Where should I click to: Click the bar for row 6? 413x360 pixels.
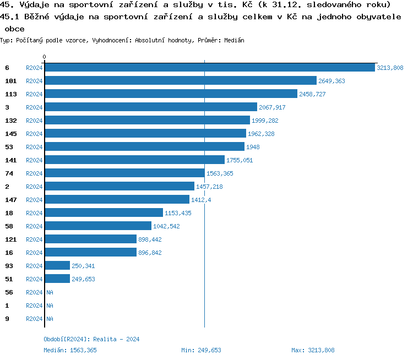[x=209, y=68]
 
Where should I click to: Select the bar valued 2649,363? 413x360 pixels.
[x=181, y=81]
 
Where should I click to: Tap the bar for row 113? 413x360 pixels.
[x=171, y=94]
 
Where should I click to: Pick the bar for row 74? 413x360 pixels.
[x=124, y=173]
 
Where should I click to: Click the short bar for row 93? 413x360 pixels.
[x=57, y=266]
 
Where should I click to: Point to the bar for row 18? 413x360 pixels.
[x=104, y=213]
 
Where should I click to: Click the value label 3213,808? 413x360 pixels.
[x=390, y=68]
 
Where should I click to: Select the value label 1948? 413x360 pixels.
[x=253, y=147]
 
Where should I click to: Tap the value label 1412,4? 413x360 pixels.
[x=200, y=200]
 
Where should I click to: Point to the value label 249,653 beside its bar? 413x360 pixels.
[x=83, y=279]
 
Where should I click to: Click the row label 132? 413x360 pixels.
[x=10, y=121]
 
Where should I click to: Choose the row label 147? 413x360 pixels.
[x=10, y=200]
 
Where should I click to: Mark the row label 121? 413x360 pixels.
[x=10, y=239]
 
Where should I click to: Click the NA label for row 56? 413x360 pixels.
[x=50, y=292]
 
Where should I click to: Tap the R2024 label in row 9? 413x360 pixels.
[x=34, y=319]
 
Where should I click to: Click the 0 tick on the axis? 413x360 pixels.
[x=45, y=57]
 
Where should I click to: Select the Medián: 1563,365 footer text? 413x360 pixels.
[x=70, y=350]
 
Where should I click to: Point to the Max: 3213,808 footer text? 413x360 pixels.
[x=313, y=350]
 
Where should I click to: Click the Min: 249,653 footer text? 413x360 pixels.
[x=201, y=350]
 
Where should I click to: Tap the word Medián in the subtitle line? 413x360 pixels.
[x=235, y=41]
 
